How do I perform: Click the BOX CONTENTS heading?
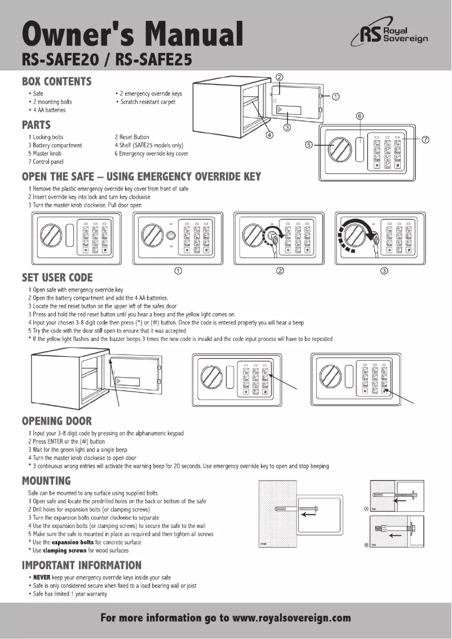(56, 81)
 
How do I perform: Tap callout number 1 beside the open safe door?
(335, 96)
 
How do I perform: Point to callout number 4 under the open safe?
(269, 135)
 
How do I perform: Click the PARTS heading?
(36, 125)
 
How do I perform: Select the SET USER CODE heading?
(57, 277)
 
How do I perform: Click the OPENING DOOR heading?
(56, 420)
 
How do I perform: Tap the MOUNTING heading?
(46, 481)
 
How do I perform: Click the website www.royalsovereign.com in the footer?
(291, 618)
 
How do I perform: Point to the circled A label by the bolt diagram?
(366, 508)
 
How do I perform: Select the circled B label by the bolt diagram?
(366, 545)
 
